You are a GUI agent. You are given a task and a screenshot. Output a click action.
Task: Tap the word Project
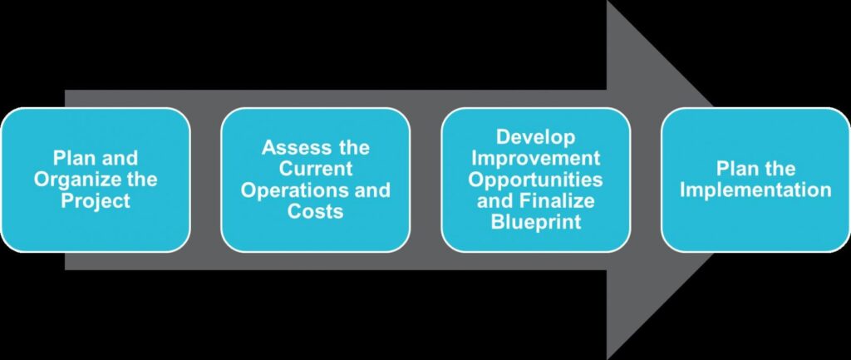point(96,201)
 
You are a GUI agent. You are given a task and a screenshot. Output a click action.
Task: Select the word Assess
point(295,148)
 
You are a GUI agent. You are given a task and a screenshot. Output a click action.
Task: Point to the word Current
point(315,169)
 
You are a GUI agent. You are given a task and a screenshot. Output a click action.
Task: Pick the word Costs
point(315,211)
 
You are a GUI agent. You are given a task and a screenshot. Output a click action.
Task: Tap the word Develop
point(535,138)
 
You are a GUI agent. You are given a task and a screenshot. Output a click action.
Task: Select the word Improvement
point(535,159)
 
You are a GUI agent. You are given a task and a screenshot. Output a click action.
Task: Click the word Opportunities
point(535,180)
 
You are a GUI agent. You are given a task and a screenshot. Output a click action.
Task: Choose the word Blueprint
point(536,222)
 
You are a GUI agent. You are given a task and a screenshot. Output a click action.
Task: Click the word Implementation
point(755,190)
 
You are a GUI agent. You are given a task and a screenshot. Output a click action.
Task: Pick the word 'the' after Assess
point(352,148)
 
